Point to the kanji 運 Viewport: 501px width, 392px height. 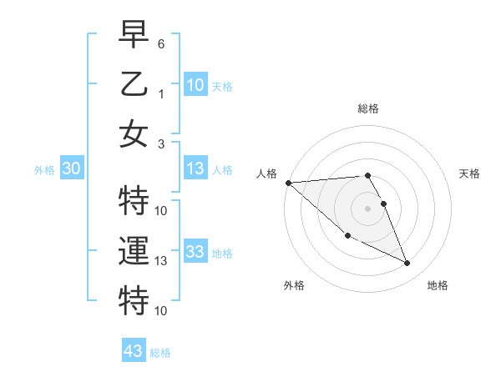click(134, 250)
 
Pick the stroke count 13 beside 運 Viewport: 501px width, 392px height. click(162, 261)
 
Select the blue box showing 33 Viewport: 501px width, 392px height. click(195, 252)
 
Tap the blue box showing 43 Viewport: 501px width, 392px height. click(134, 351)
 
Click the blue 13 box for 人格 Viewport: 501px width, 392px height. click(195, 169)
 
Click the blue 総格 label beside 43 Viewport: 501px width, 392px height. click(160, 353)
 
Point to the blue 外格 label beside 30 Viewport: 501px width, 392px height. click(44, 170)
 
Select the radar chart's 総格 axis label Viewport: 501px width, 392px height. click(368, 108)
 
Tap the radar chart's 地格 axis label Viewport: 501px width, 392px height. click(438, 285)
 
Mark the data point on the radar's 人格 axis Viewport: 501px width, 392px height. click(288, 182)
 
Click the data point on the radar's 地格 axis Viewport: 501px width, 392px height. click(407, 264)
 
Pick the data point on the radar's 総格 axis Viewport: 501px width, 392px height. click(368, 175)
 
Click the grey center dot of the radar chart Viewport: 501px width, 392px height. click(368, 208)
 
